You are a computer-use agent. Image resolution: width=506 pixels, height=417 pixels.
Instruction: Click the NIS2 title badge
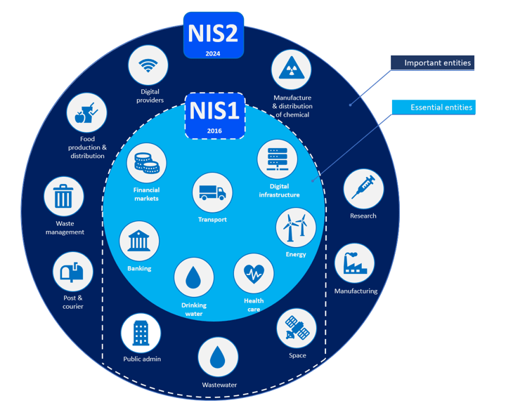pos(213,35)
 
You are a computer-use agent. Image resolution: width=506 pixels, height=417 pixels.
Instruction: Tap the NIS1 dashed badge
pos(214,116)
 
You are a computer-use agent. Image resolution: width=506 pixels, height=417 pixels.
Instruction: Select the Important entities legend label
pos(432,63)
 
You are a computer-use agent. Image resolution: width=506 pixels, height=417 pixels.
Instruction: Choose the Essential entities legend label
pos(432,107)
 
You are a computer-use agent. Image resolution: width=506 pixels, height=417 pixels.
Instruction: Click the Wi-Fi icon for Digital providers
pos(148,66)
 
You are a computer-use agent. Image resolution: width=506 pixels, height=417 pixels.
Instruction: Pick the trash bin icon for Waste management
pos(64,197)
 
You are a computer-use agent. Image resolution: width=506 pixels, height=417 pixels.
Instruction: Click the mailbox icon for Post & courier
pos(72,272)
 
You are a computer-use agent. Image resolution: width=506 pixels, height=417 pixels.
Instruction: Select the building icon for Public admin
pos(141,332)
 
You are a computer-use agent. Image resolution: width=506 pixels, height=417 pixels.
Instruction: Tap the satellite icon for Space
pos(297,329)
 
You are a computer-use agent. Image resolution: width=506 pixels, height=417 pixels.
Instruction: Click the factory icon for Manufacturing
pos(355,264)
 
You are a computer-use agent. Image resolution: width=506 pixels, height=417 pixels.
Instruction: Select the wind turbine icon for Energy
pos(295,228)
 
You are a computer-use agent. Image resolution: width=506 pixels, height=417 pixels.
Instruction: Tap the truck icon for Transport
pos(212,192)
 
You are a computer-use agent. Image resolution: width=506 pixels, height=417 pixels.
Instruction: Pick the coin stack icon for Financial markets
pos(146,164)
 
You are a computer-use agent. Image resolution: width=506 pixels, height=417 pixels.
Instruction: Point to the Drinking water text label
pos(193,310)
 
